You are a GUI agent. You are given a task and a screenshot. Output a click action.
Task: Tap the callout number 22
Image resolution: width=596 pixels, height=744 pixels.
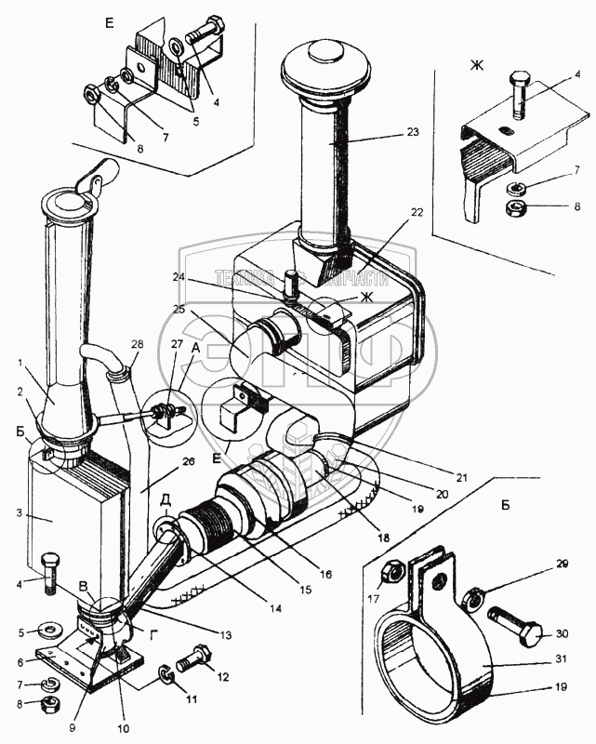coord(417,213)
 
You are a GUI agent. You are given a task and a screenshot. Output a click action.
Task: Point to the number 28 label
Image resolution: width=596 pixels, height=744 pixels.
coord(138,345)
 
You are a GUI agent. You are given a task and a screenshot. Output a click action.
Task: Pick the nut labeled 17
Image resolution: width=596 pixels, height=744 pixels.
coord(392,568)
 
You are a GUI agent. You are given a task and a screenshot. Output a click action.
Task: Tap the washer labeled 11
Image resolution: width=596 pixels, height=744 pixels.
coord(164,671)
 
